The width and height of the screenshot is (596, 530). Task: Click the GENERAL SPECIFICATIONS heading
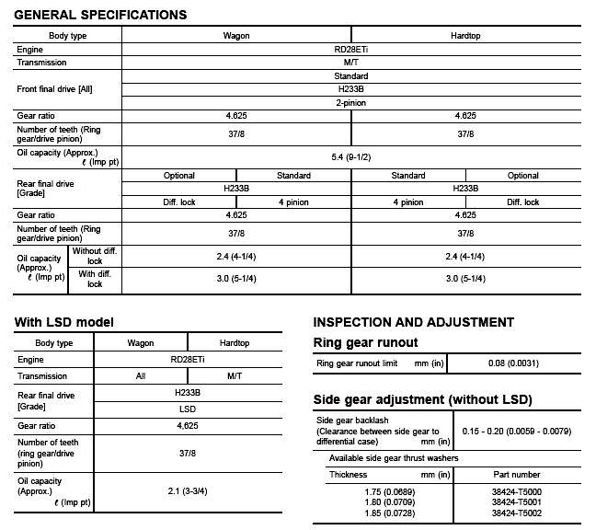pyautogui.click(x=101, y=15)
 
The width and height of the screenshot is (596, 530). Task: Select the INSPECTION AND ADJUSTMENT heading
pyautogui.click(x=414, y=322)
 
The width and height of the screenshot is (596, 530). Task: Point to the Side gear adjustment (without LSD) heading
pyautogui.click(x=423, y=399)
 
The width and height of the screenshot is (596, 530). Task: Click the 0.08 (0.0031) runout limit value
pyautogui.click(x=514, y=363)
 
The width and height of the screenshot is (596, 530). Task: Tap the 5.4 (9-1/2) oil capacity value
pyautogui.click(x=350, y=157)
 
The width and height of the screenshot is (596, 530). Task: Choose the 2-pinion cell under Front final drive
pyautogui.click(x=350, y=102)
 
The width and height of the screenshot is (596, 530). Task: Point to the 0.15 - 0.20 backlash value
pyautogui.click(x=517, y=431)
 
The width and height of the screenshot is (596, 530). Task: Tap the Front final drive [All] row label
pyautogui.click(x=55, y=88)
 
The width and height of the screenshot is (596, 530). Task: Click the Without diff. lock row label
pyautogui.click(x=95, y=256)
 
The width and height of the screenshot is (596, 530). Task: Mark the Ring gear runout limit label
pyautogui.click(x=357, y=363)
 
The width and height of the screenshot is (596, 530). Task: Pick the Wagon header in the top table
pyautogui.click(x=236, y=36)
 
